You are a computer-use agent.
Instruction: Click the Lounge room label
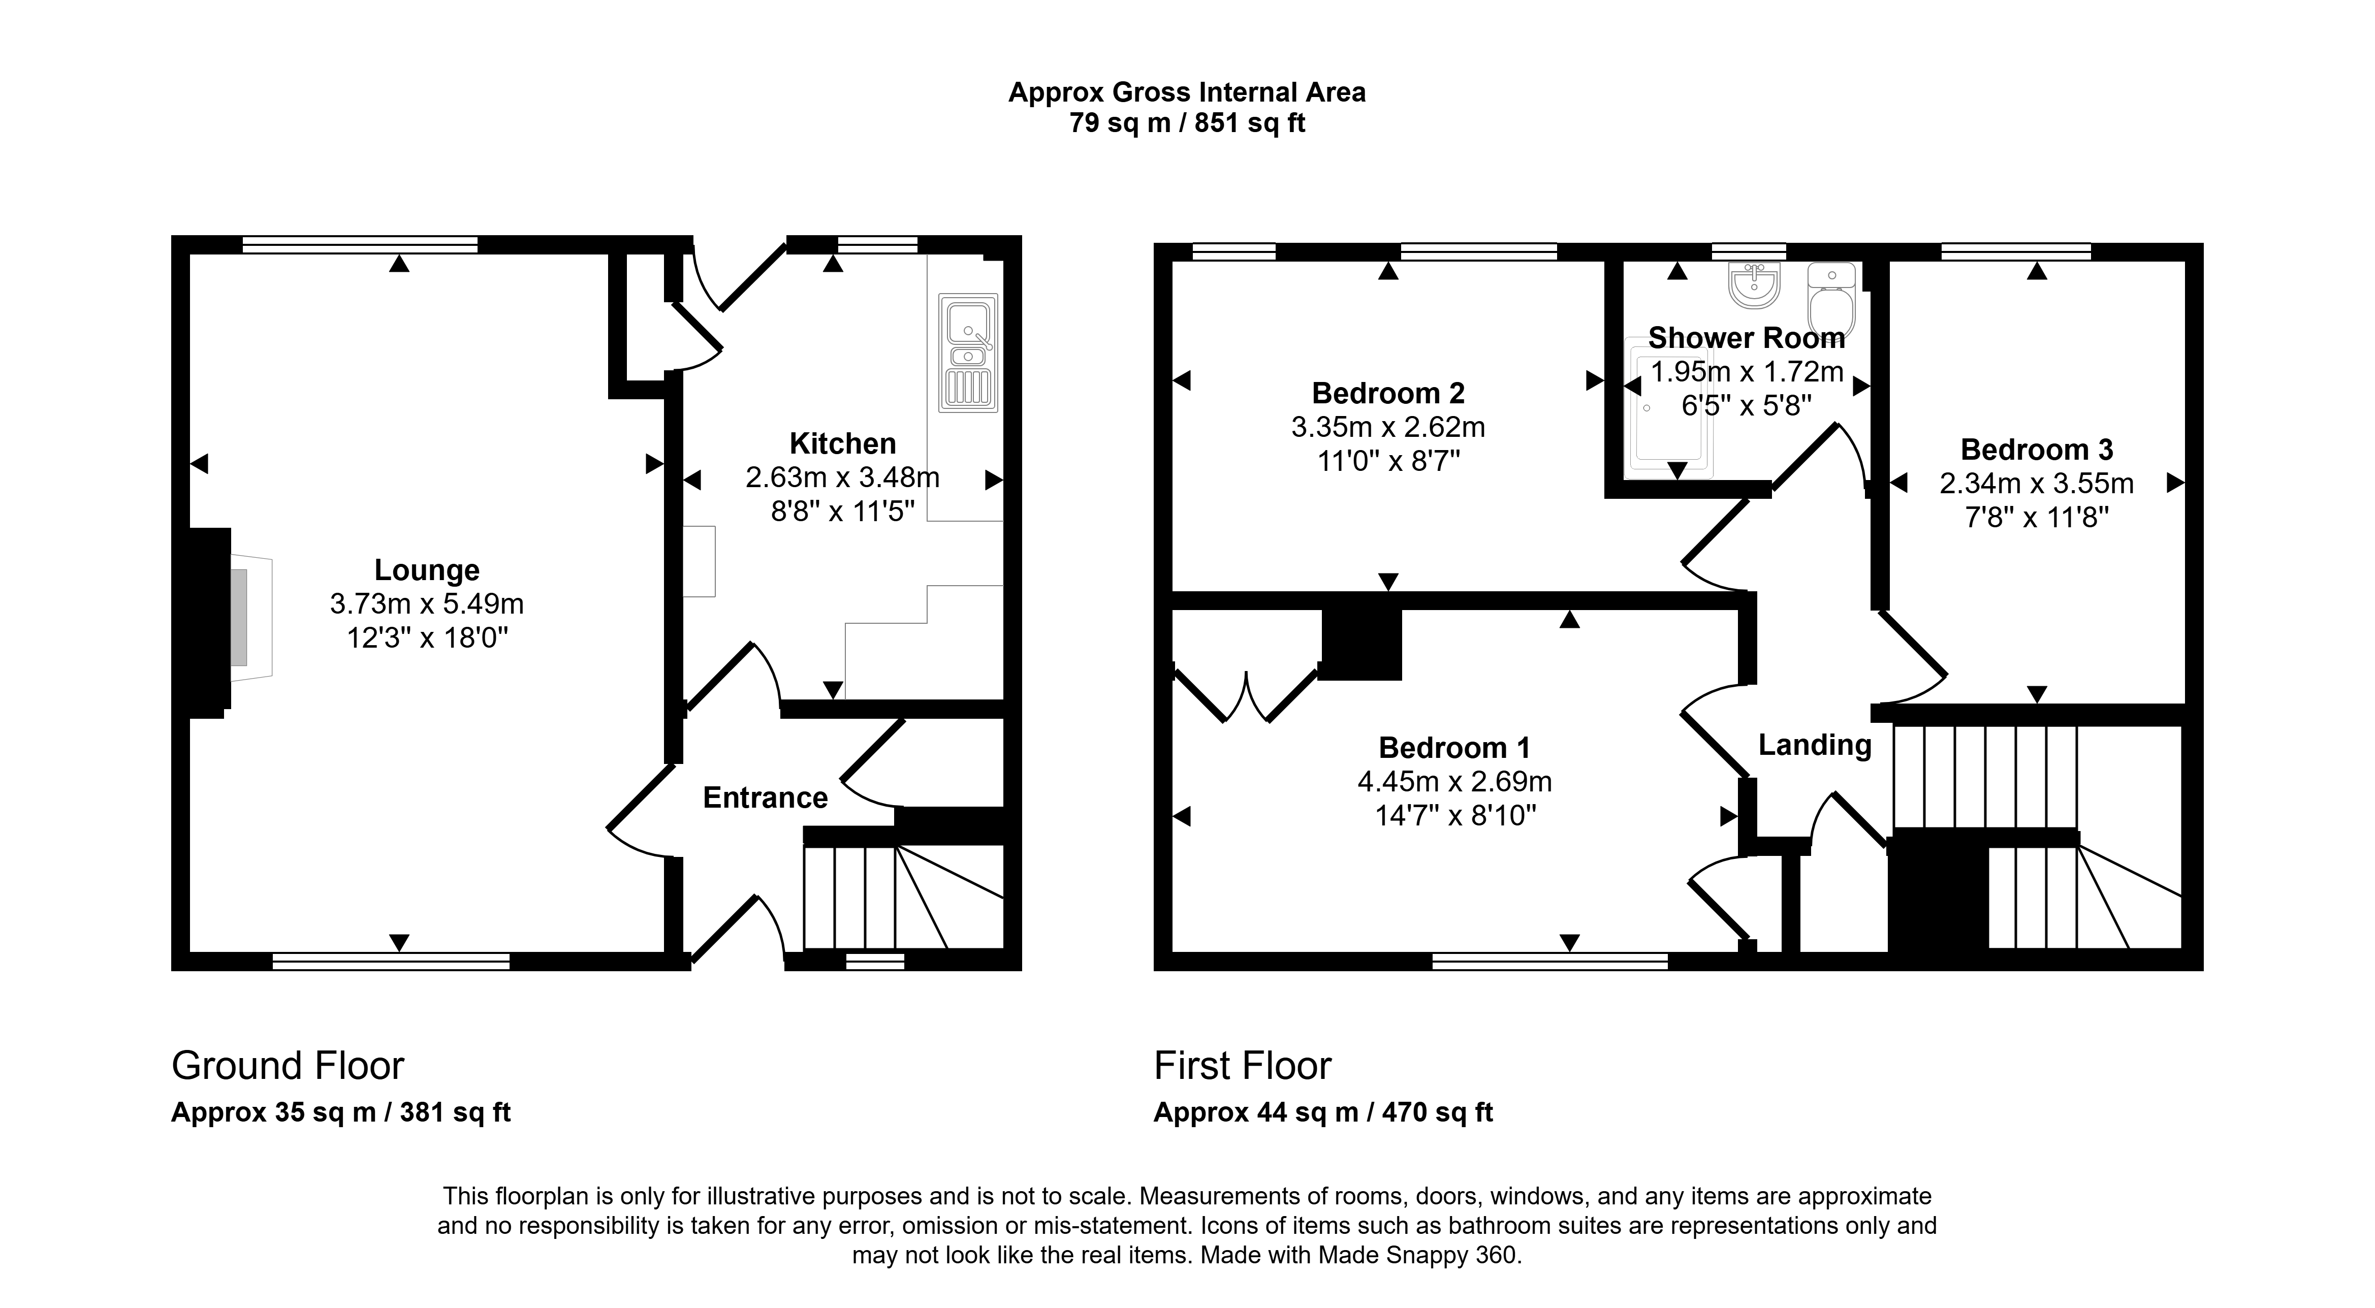pyautogui.click(x=427, y=570)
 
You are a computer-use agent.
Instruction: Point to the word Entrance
pyautogui.click(x=765, y=797)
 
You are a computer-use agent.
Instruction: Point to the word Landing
pyautogui.click(x=1815, y=745)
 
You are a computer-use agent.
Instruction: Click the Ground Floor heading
pyautogui.click(x=288, y=1066)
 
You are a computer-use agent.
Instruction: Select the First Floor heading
pyautogui.click(x=1242, y=1066)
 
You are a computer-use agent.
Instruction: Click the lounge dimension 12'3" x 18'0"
pyautogui.click(x=427, y=637)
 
